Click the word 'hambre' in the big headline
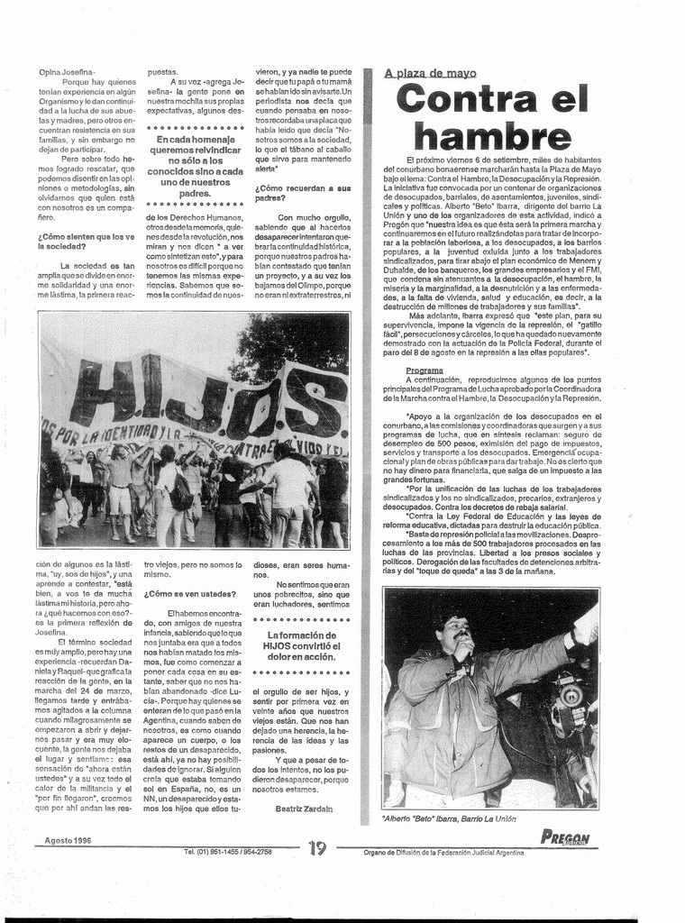point(492,135)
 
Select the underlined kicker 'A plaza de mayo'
point(429,73)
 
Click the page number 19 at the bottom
point(316,848)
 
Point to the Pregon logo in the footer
point(566,837)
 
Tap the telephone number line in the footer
point(227,852)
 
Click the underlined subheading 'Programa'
point(424,370)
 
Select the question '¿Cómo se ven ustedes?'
point(190,594)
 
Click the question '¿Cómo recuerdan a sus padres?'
point(302,193)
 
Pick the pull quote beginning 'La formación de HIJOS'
point(301,645)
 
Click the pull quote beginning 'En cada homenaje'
point(195,167)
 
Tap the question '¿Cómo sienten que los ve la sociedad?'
point(86,241)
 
